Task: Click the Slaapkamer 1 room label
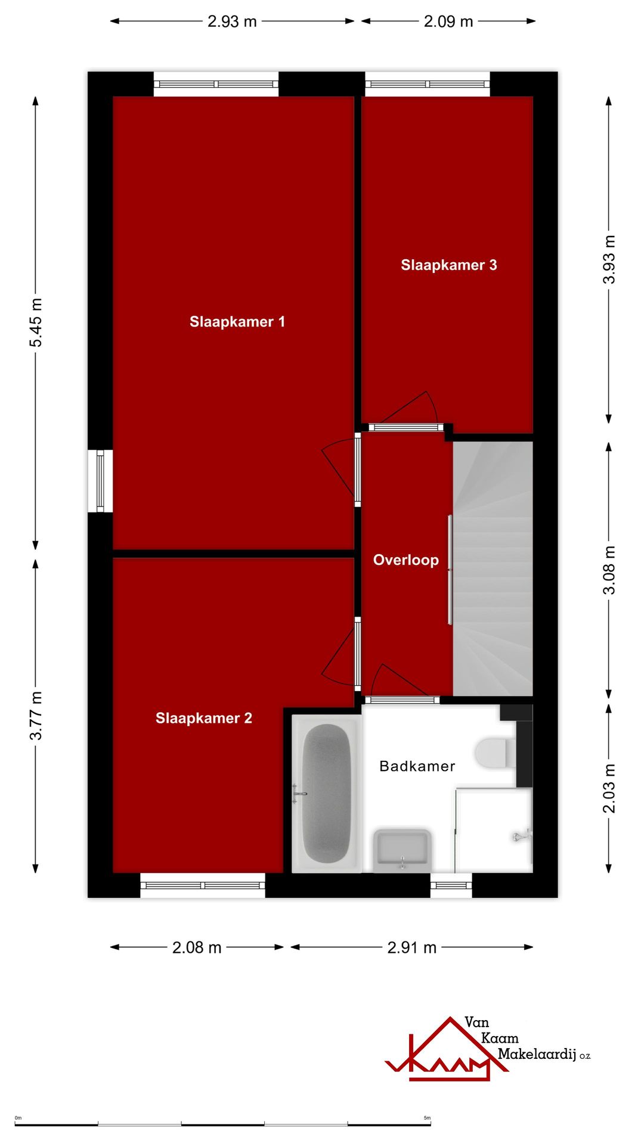[237, 322]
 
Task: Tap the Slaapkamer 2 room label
[204, 718]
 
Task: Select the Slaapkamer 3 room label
[448, 265]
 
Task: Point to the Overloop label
[406, 560]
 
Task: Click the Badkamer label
[417, 766]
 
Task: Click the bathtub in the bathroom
[326, 794]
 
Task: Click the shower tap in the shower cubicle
[522, 836]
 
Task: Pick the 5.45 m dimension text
[36, 322]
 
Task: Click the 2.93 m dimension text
[232, 21]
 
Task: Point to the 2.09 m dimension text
[448, 21]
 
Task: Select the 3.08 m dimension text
[609, 570]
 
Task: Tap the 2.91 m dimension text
[412, 947]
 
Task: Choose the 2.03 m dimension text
[609, 788]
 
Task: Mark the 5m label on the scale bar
[427, 1118]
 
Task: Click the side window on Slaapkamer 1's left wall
[100, 481]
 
